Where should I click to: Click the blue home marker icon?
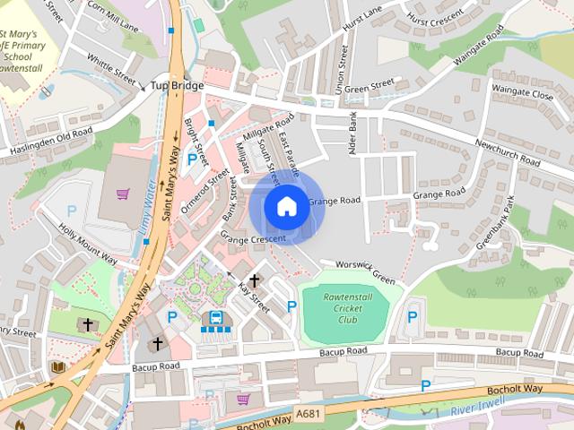point(286,207)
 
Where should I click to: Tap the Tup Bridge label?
point(178,85)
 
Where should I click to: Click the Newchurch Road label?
point(507,152)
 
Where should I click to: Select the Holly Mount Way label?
point(88,243)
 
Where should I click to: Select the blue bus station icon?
point(215,318)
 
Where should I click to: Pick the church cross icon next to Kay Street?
point(254,280)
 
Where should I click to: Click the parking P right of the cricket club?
point(413,316)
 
